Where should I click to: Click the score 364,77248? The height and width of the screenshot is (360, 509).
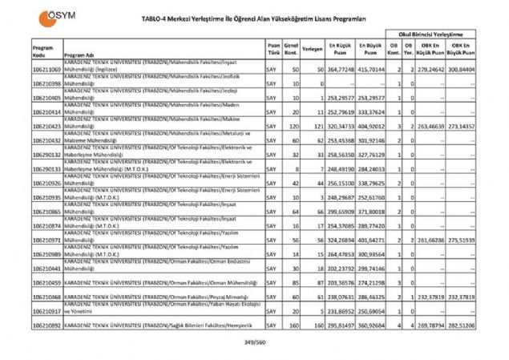(x=342, y=71)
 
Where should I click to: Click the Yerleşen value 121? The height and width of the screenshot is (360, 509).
(x=317, y=127)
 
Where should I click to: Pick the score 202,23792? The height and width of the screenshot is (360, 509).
(x=342, y=269)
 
